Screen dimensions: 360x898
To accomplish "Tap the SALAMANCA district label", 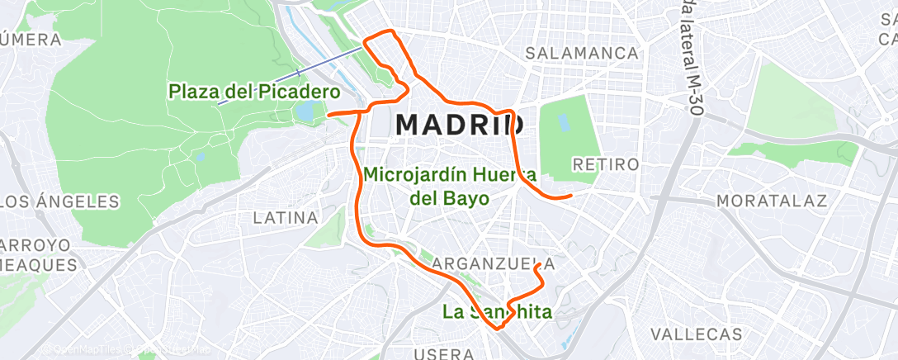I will coord(583,54).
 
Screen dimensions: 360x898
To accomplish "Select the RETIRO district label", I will coord(605,164).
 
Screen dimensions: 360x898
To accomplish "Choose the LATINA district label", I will coord(286,218).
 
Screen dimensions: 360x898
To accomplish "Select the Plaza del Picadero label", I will coord(254,91).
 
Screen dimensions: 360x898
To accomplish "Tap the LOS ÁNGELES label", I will coord(59,201).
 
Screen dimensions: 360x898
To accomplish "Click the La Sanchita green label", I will coord(497,312).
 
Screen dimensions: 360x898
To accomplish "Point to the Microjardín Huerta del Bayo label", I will coord(450,187).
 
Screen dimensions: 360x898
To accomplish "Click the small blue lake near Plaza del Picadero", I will coord(305,111).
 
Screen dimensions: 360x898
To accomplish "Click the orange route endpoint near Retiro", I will coord(570,197).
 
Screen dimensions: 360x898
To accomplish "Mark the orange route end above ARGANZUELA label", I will coord(537,266).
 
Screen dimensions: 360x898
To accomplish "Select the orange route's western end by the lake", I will coord(328,115).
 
